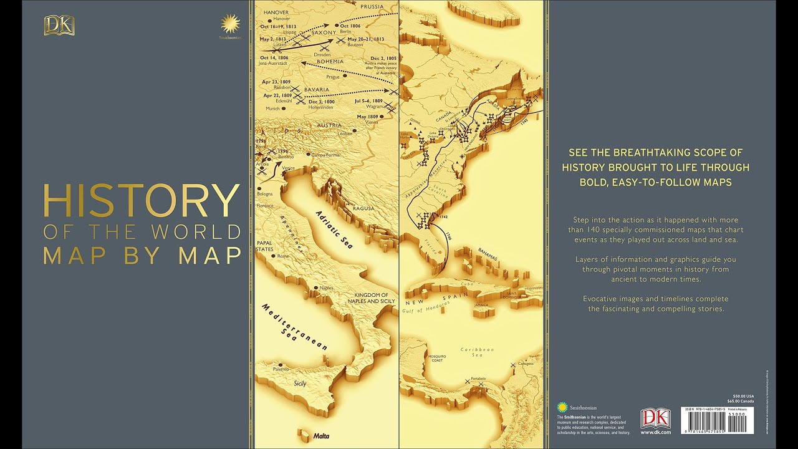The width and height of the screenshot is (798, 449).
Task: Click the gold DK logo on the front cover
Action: click(x=59, y=26)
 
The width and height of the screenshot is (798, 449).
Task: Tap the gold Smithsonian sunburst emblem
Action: click(x=230, y=26)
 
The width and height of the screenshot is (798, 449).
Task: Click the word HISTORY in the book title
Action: click(x=141, y=201)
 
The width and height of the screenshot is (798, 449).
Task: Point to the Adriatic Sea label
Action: click(x=334, y=229)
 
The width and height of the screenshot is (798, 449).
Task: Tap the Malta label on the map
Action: click(x=322, y=436)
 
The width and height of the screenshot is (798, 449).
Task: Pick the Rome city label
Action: click(x=283, y=256)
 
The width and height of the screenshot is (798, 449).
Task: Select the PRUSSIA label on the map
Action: click(x=372, y=7)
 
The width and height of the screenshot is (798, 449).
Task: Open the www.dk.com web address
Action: click(x=655, y=432)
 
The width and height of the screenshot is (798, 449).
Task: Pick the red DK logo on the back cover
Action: click(x=655, y=417)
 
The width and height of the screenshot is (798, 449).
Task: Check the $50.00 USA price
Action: click(x=743, y=395)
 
